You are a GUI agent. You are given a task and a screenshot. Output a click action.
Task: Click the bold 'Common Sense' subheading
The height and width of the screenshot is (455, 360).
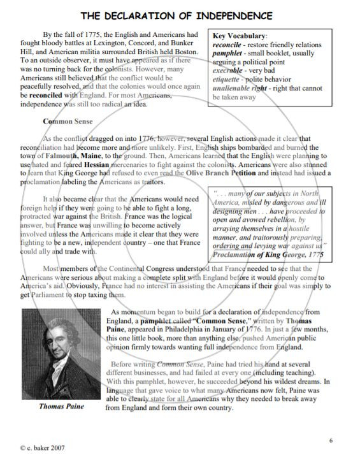(68, 121)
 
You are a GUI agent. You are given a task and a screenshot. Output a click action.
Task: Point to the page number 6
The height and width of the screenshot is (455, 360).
(331, 440)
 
